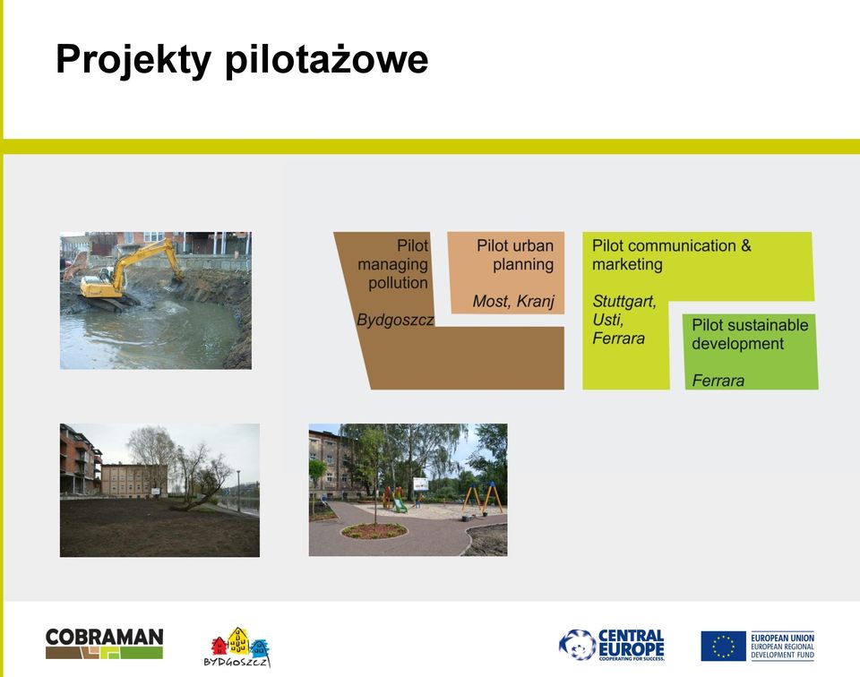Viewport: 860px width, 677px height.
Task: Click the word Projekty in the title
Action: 133,59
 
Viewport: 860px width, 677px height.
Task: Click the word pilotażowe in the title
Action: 327,59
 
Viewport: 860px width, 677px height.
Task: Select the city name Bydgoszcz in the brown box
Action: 395,320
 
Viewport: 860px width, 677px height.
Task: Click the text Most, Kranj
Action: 513,301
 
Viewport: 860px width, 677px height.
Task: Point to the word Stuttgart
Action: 624,302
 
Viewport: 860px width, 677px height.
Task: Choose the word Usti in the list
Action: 607,320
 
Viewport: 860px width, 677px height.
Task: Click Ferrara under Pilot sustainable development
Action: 718,381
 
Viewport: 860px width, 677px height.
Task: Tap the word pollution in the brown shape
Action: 398,283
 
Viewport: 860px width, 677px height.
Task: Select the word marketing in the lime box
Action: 627,264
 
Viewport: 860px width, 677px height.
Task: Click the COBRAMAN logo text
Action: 104,637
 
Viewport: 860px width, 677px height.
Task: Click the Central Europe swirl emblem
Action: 577,645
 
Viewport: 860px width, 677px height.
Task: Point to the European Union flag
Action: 724,646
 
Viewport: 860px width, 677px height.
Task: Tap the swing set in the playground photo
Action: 482,498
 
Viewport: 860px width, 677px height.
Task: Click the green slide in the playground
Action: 400,505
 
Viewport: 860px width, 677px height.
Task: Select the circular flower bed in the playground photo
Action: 374,531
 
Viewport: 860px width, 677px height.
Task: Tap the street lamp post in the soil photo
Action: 238,491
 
